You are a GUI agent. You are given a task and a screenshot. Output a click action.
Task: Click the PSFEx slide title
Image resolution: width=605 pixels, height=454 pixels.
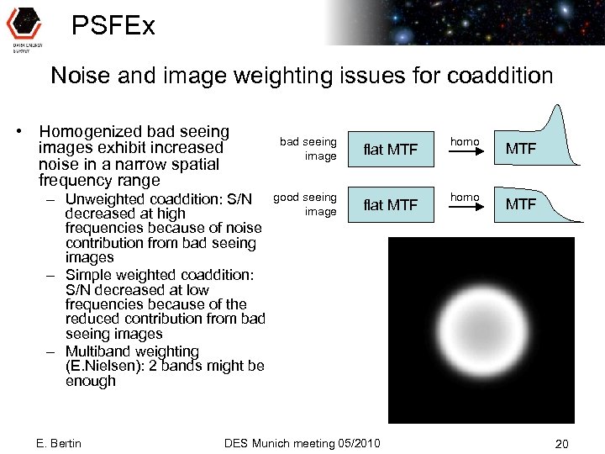(113, 26)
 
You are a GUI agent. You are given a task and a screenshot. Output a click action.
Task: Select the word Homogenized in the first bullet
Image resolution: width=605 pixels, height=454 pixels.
(92, 132)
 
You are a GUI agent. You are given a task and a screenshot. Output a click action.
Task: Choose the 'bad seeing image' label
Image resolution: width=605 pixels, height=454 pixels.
(308, 149)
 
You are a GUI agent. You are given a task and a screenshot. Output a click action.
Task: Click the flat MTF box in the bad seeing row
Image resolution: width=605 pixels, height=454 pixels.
(390, 150)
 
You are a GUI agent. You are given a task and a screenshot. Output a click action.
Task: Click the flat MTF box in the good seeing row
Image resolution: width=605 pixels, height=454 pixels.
(390, 204)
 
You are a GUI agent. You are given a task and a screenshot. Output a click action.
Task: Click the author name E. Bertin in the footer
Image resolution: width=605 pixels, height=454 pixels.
(60, 443)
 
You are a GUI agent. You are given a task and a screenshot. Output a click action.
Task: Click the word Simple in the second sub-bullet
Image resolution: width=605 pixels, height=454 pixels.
(88, 275)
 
